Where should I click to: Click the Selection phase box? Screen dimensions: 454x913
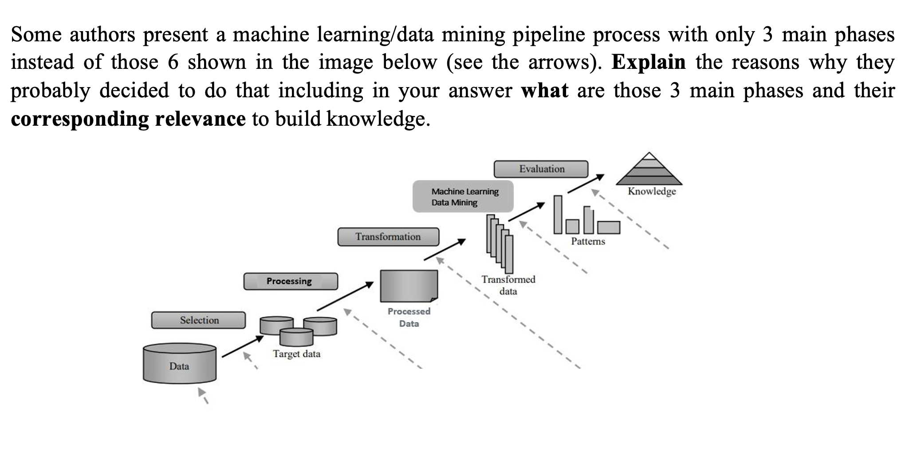click(198, 320)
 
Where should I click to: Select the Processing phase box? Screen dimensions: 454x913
click(290, 281)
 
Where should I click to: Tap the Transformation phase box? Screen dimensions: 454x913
click(388, 237)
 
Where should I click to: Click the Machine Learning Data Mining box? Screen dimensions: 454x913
click(463, 197)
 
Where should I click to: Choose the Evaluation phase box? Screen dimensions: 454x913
click(541, 169)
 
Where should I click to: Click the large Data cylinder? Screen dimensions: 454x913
click(179, 363)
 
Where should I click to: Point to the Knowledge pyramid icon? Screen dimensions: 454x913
click(649, 170)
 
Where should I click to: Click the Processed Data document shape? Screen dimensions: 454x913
click(409, 286)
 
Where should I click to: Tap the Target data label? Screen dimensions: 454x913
click(296, 354)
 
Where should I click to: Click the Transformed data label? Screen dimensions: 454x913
click(508, 285)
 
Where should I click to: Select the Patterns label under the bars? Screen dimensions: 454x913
click(588, 242)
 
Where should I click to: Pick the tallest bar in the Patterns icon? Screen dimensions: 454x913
click(558, 214)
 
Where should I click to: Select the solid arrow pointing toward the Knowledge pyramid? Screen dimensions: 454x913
click(586, 183)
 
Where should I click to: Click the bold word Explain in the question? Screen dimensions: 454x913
click(648, 62)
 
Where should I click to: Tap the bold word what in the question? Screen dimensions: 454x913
click(544, 91)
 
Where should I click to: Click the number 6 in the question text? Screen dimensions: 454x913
click(173, 62)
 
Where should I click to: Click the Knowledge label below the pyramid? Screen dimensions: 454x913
click(652, 191)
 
